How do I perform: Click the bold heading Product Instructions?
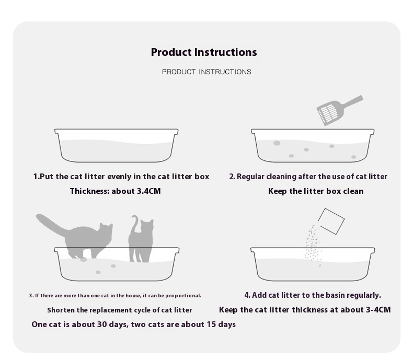coord(204,52)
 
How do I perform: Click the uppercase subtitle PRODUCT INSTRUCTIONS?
coord(206,72)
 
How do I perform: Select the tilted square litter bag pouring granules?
coord(331,222)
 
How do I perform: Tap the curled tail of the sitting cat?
coord(135,224)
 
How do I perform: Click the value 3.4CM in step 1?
coord(148,191)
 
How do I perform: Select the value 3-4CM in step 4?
coord(378,310)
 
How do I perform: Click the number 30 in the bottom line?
coord(102,324)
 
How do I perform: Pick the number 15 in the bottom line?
coord(211,324)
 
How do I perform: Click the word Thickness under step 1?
coord(89,191)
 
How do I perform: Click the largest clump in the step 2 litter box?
coord(277,143)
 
